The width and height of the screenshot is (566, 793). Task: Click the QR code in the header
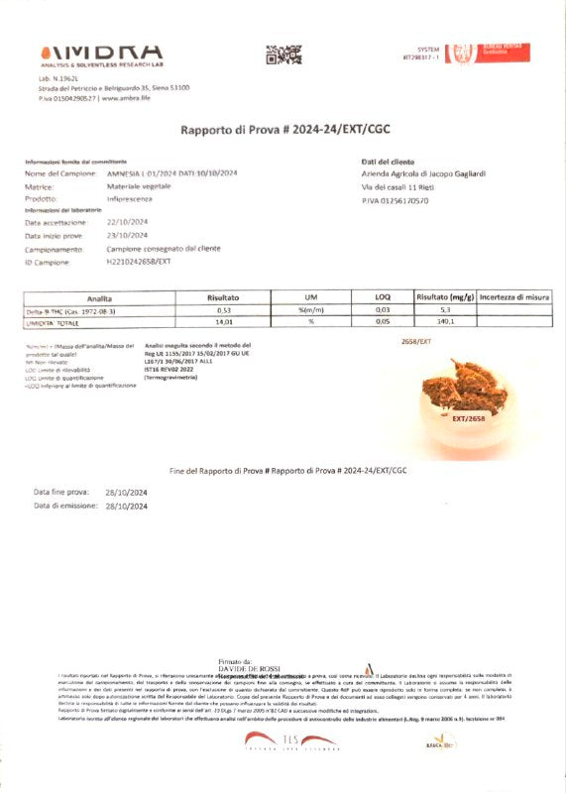(283, 55)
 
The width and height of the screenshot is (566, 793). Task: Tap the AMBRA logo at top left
(101, 52)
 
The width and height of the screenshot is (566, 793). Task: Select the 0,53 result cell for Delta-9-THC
(224, 309)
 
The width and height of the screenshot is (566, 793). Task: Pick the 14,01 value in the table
(224, 321)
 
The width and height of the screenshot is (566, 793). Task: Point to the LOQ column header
(383, 296)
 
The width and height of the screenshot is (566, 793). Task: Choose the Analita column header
(99, 296)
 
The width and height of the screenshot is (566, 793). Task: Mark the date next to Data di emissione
(126, 506)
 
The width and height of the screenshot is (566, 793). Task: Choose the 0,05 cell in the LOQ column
(383, 321)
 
